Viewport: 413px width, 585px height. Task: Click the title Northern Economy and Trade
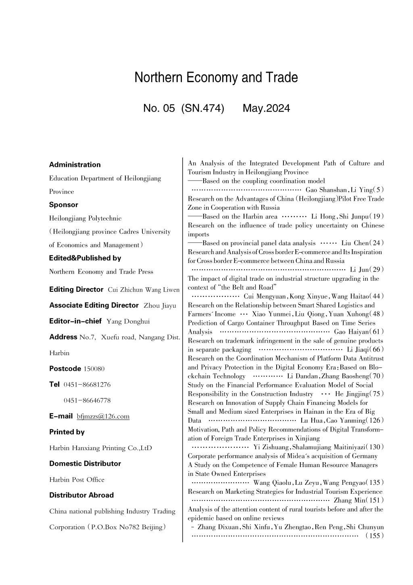(216, 77)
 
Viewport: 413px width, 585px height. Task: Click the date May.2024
(266, 108)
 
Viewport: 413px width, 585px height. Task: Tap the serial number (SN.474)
(203, 108)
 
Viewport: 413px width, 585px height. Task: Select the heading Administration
(75, 164)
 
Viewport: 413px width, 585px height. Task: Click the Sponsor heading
(64, 204)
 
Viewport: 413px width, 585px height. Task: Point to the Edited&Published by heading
(85, 258)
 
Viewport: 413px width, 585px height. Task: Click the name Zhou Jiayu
(160, 305)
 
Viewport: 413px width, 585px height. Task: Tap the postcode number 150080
(94, 369)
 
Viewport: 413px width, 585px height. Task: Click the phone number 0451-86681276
(87, 385)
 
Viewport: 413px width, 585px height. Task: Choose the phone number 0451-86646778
(87, 400)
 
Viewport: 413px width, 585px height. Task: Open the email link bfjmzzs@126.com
(103, 417)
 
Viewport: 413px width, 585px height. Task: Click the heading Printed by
(67, 432)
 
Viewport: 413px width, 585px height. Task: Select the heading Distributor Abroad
(81, 495)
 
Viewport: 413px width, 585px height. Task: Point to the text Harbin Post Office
(77, 480)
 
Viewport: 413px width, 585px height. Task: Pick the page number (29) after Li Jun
(377, 269)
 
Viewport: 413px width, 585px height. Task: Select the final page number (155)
(375, 536)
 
